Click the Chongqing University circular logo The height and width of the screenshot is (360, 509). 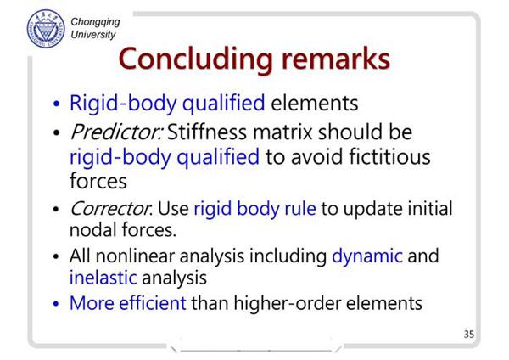[46, 29]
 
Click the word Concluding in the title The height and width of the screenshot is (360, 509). [195, 59]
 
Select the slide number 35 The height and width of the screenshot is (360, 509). [469, 334]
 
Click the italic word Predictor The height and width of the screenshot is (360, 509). [115, 132]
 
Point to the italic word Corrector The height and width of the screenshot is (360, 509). [110, 209]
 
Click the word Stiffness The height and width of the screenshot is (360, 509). [207, 132]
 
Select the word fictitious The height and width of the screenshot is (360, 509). [389, 156]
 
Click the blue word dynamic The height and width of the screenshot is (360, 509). [367, 256]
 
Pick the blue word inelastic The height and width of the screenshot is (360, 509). [103, 278]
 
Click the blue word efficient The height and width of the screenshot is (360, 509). [153, 303]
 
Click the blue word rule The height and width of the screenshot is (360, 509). [300, 209]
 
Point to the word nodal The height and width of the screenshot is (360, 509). [93, 230]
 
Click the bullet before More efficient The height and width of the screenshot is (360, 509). [56, 304]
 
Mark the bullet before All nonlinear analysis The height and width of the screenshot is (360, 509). [56, 256]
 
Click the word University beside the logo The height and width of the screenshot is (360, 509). [93, 35]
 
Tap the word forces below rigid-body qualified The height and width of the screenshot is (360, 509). [98, 181]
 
